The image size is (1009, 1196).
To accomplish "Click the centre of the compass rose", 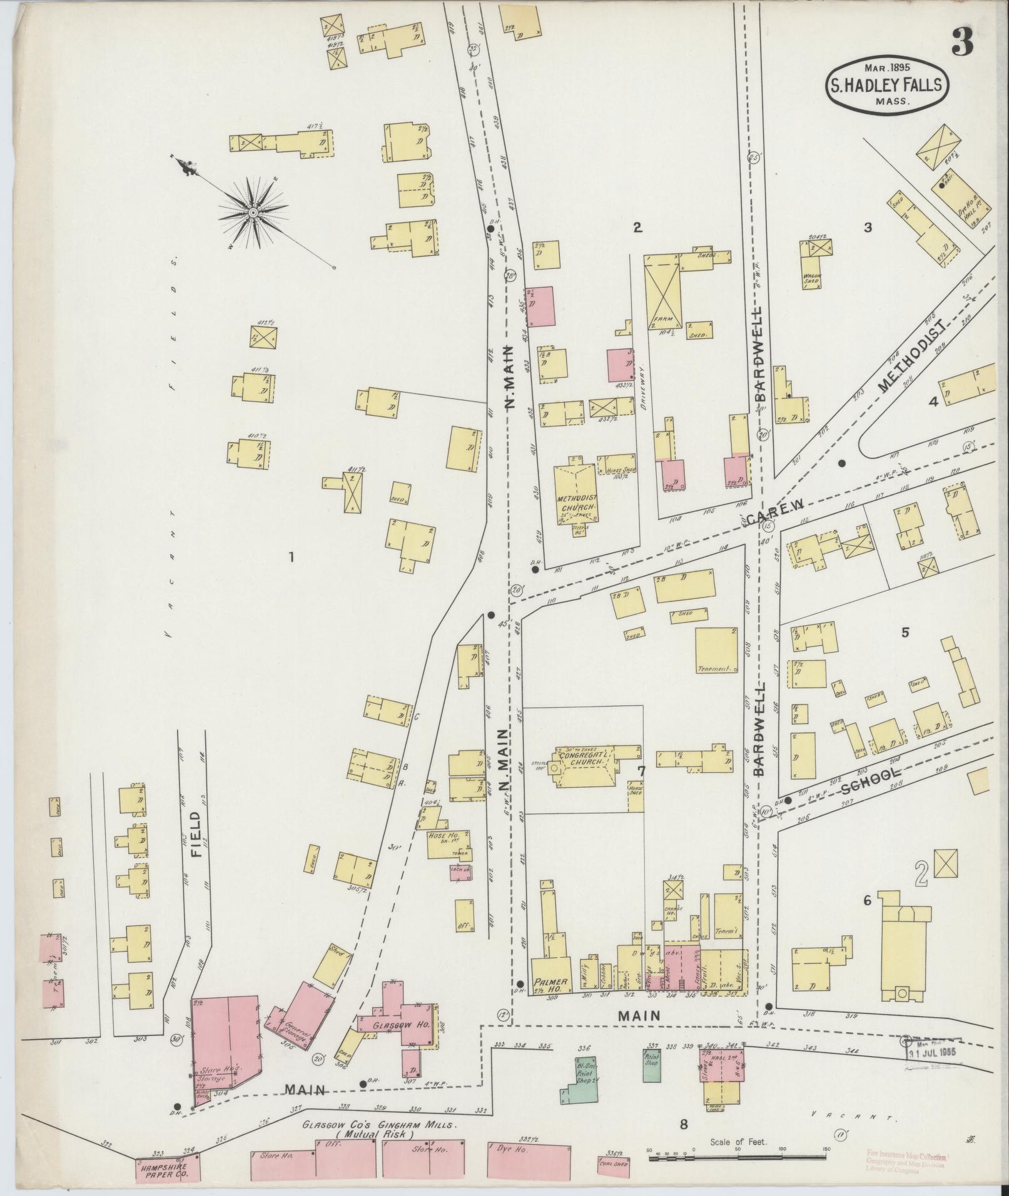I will coord(253,214).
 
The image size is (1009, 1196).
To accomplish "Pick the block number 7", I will coord(641,768).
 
